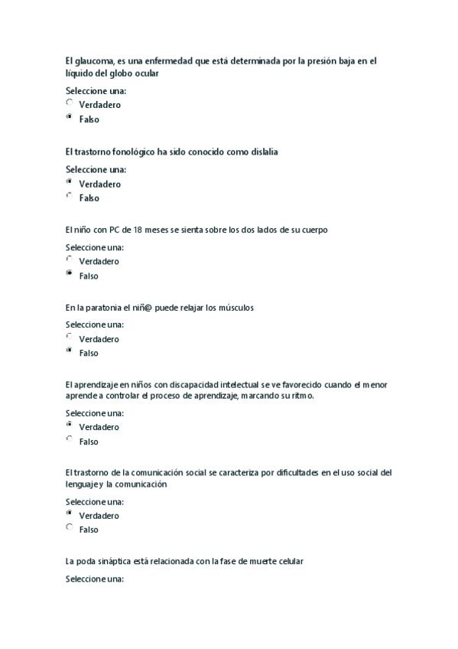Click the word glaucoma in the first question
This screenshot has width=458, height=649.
pos(94,60)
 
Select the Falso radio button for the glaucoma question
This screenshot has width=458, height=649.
pos(70,118)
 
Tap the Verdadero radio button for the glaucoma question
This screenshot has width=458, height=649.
pos(70,103)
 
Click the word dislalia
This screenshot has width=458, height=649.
pos(261,152)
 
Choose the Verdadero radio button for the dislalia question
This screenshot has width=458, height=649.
pos(70,182)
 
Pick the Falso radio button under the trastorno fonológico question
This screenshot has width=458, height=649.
pos(70,197)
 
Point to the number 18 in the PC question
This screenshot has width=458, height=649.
pos(138,230)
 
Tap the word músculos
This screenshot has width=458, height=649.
pos(235,308)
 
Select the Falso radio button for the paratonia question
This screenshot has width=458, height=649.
pos(70,351)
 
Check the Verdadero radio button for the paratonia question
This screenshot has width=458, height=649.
pos(70,337)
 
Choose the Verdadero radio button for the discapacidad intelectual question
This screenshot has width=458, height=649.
pos(70,425)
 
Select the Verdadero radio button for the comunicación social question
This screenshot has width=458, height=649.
pos(70,514)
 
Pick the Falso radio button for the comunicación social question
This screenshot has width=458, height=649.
pos(70,528)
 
